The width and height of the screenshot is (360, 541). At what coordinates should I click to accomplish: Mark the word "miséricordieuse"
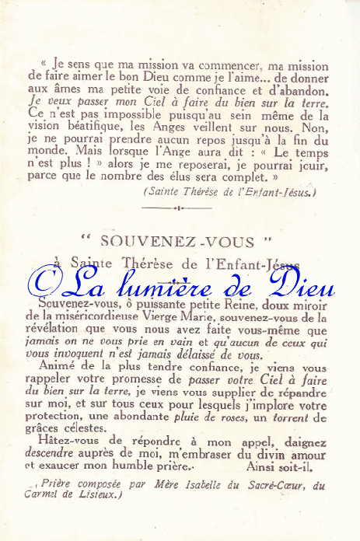point(98,318)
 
